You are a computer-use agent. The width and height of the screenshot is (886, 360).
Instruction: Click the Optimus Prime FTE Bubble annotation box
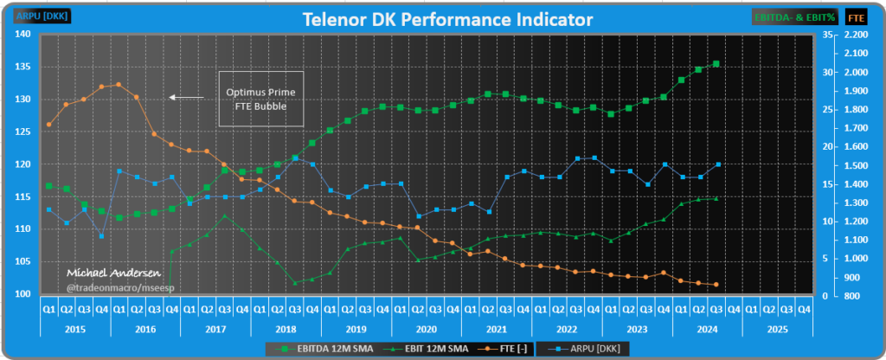pos(255,99)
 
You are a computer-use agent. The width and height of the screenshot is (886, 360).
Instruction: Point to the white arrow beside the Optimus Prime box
pos(186,97)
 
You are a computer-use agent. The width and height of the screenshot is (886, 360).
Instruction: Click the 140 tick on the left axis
pos(23,35)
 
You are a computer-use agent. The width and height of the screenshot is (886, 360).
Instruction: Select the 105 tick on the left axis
pos(23,261)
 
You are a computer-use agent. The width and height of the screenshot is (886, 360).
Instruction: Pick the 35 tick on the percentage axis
pos(827,35)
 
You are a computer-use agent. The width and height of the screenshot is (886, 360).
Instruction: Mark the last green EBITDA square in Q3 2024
pos(716,63)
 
